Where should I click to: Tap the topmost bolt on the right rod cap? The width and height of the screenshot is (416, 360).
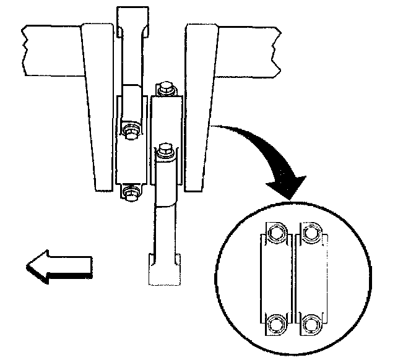pos(164,88)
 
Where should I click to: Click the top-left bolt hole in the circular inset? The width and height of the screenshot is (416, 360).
pos(275,233)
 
